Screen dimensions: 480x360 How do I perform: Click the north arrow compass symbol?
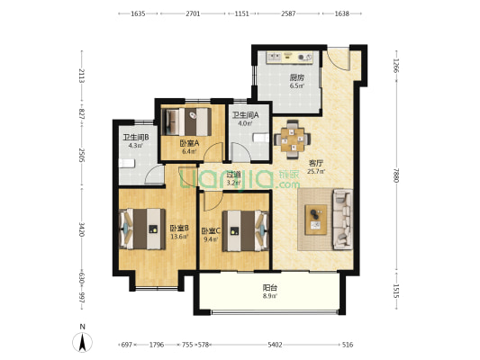pos(82,342)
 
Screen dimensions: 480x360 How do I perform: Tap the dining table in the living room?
pos(293,139)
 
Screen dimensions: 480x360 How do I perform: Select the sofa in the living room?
pos(342,219)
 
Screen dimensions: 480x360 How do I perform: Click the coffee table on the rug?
pos(316,220)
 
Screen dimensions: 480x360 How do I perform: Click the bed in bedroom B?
pos(142,229)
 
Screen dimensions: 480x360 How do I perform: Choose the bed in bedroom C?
pos(246,230)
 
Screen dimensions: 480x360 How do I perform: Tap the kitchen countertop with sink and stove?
pos(290,58)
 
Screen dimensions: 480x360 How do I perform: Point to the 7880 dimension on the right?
pos(396,175)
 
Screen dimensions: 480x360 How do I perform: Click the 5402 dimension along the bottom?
pos(275,345)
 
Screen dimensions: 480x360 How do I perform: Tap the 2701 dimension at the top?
pos(193,13)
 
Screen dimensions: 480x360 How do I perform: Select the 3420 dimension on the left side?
pos(81,229)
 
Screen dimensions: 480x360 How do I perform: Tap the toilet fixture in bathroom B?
pos(127,163)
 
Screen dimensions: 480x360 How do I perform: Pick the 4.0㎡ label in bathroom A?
pos(245,124)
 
